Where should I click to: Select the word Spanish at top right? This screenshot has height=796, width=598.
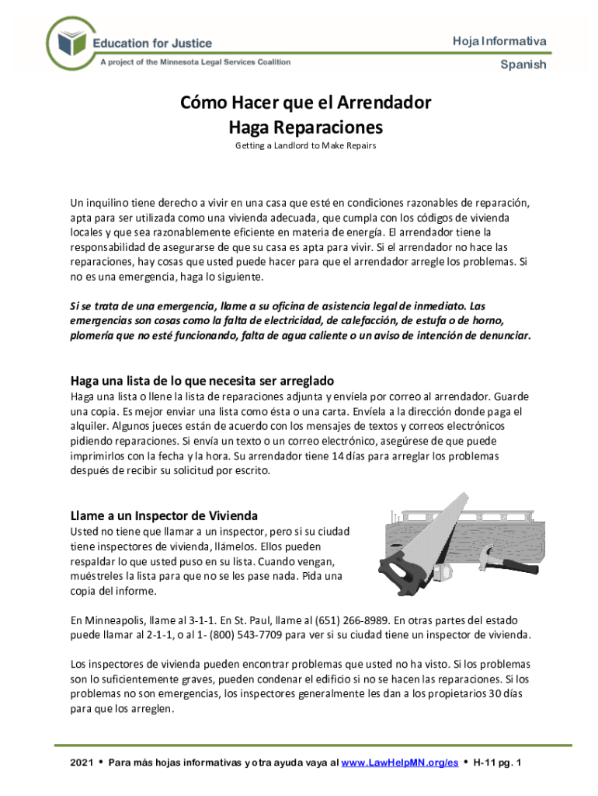pyautogui.click(x=523, y=65)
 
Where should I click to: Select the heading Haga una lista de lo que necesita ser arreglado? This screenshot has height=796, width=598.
pyautogui.click(x=202, y=381)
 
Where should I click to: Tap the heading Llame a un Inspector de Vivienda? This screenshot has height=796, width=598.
pyautogui.click(x=164, y=515)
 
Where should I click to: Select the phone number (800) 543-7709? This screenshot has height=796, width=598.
pyautogui.click(x=238, y=634)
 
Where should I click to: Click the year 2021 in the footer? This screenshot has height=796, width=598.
pyautogui.click(x=82, y=763)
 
